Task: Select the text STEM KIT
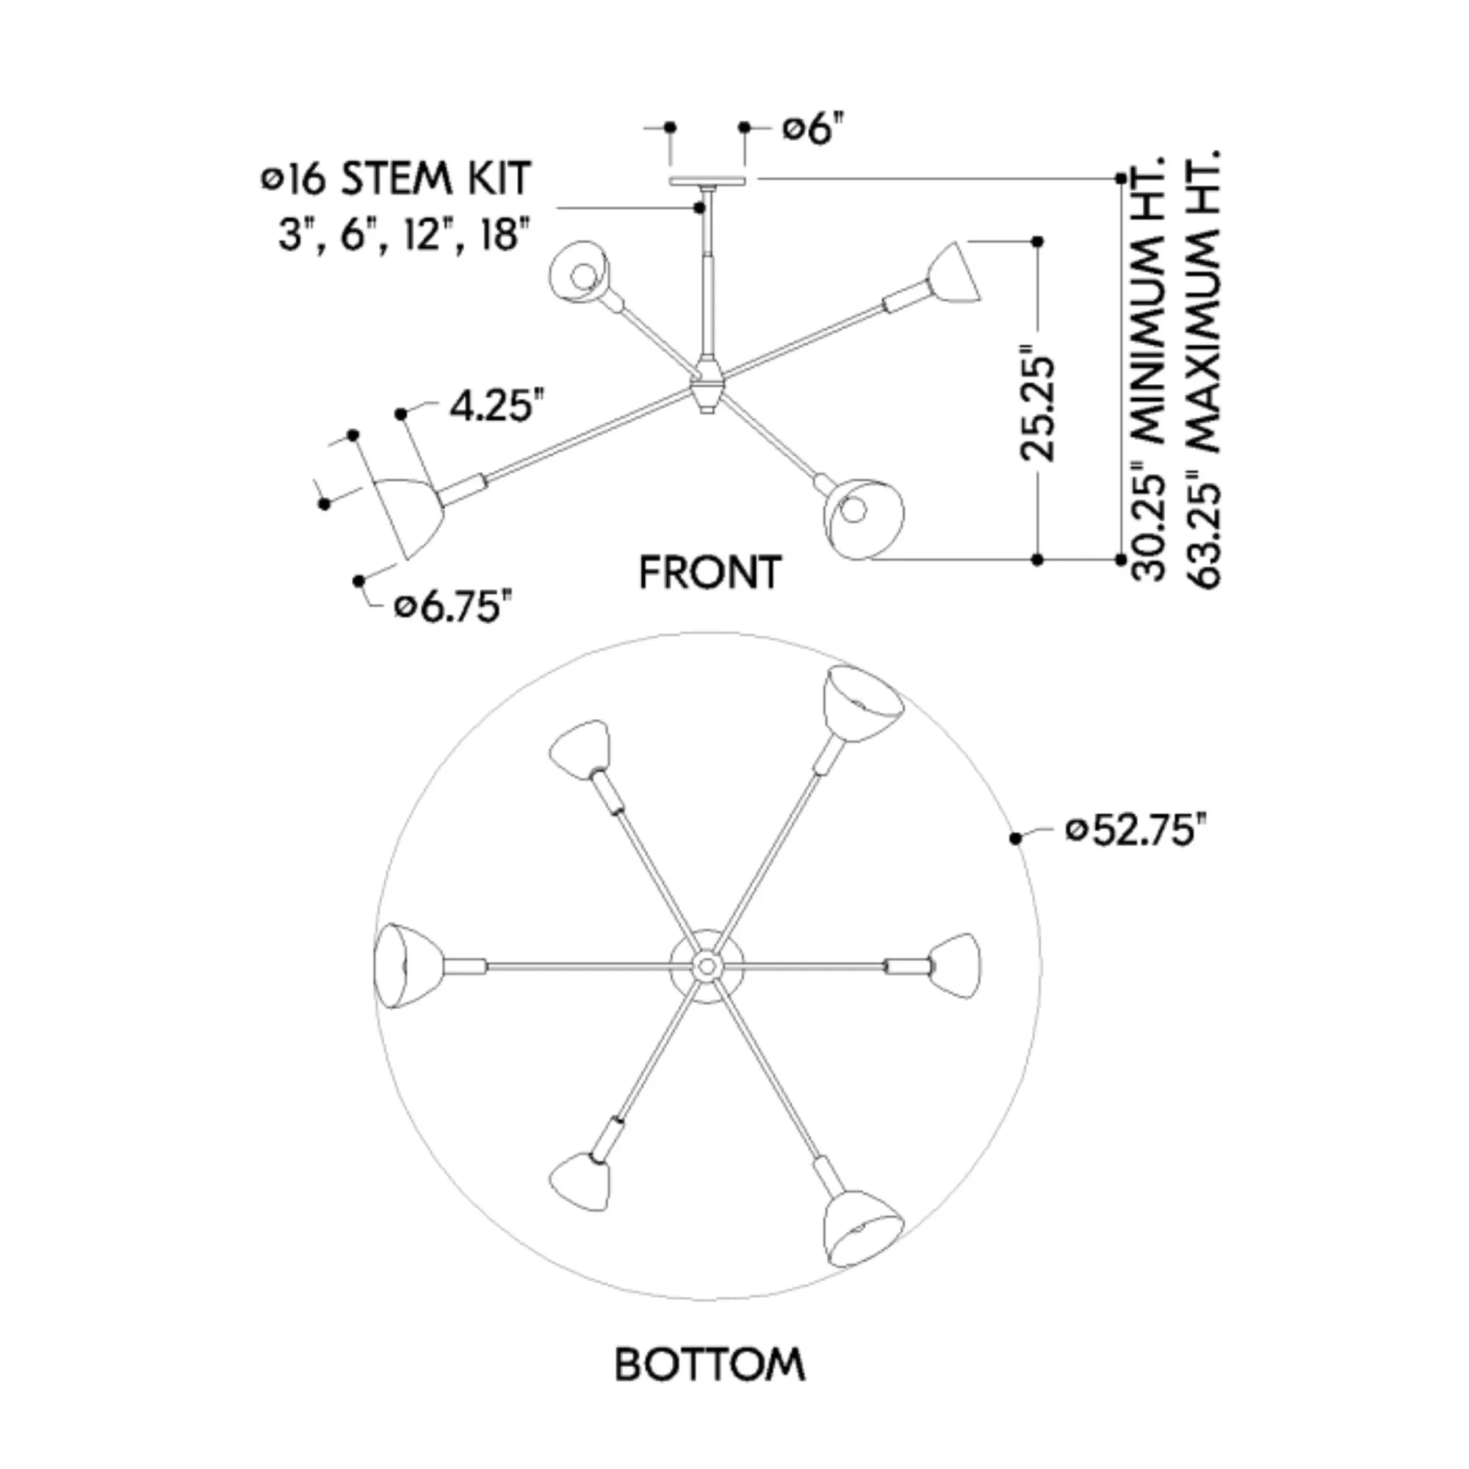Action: pos(435,179)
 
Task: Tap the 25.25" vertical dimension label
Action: pos(1039,401)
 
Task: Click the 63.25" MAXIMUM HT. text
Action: pos(1203,368)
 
